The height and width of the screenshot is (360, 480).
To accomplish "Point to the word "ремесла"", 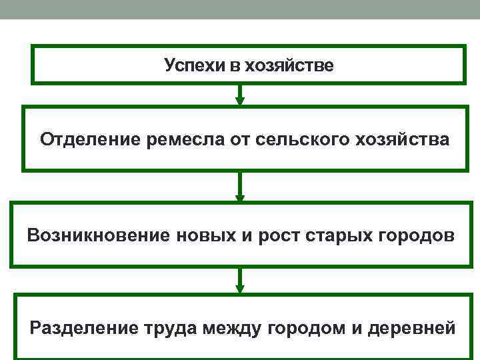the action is (x=173, y=140).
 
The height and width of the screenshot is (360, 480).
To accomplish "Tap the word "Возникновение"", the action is (x=97, y=235).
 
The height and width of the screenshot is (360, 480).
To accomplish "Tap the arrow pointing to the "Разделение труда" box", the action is (x=240, y=280).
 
